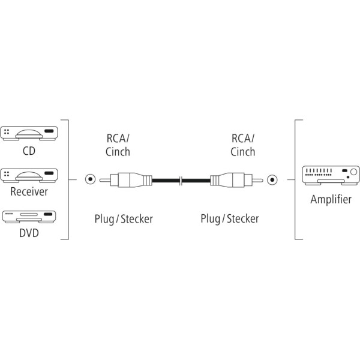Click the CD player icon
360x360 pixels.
coord(29,133)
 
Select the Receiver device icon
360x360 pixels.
coord(29,175)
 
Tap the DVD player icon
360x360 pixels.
coord(29,217)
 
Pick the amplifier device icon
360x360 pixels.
coord(331,175)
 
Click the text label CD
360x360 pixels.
coord(29,151)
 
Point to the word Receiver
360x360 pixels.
coord(29,191)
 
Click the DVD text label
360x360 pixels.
coord(29,233)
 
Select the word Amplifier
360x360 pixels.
coord(331,199)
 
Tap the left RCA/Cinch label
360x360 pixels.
coord(118,145)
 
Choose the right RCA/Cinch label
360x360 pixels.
coord(242,145)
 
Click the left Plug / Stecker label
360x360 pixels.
coord(124,219)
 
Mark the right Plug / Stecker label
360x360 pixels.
coord(230,219)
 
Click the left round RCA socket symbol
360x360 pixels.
coord(90,179)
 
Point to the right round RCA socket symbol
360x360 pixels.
coord(272,180)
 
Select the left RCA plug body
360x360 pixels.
coord(126,180)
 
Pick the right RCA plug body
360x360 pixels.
coord(236,180)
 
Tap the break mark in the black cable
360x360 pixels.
coord(181,181)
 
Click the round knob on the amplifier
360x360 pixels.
coord(354,172)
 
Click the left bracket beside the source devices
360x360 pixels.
coord(68,179)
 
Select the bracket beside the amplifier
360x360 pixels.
coord(295,179)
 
